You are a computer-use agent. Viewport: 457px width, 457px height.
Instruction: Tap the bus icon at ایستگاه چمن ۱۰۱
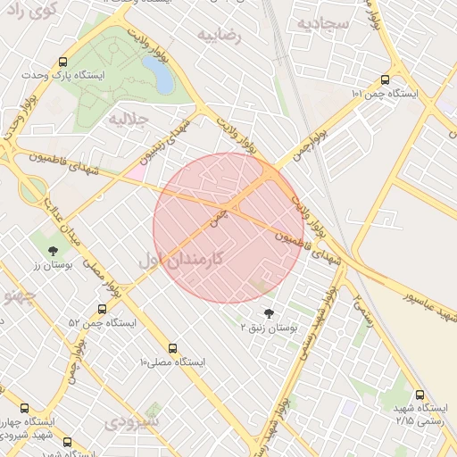click(x=385, y=79)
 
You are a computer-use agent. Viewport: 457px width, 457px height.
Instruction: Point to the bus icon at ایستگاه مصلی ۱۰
click(x=172, y=348)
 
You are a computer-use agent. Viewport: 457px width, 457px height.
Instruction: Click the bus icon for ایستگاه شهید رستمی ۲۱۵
click(x=420, y=395)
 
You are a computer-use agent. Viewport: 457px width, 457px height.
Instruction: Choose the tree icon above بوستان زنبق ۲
click(x=269, y=313)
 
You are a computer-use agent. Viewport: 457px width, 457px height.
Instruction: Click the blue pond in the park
click(x=163, y=79)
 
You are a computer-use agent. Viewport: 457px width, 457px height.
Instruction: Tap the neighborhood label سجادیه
click(x=323, y=23)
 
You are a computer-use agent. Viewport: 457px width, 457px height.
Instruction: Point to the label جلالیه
click(x=127, y=118)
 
